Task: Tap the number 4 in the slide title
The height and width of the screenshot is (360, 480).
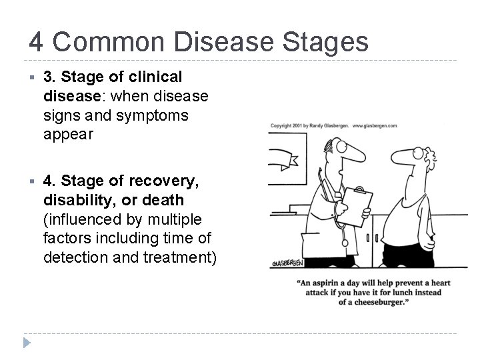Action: (37, 42)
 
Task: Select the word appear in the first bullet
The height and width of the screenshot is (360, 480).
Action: (67, 133)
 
